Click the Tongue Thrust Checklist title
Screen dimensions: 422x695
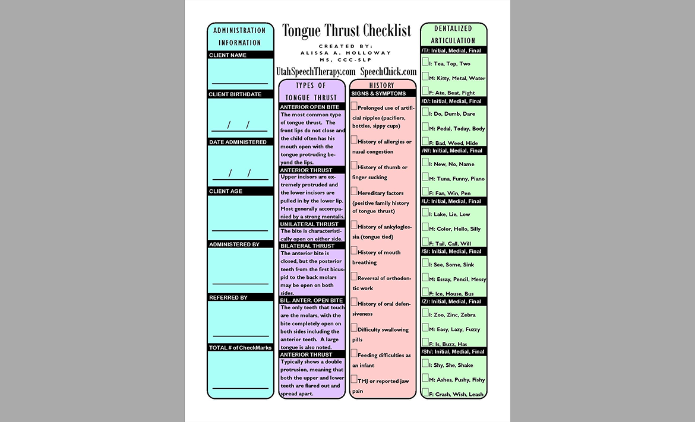tap(346, 31)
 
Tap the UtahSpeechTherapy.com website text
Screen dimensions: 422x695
tap(315, 71)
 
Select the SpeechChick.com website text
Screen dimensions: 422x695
tap(388, 71)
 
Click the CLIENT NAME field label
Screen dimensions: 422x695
tap(228, 55)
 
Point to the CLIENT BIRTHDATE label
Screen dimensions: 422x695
tap(235, 94)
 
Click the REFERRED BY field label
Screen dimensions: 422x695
tap(229, 297)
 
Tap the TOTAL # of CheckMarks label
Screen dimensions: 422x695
tap(240, 348)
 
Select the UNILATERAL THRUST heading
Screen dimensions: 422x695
tap(309, 224)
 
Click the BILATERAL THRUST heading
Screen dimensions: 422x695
tap(308, 246)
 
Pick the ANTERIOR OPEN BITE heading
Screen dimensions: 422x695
tap(310, 107)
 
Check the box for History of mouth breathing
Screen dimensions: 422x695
tap(354, 251)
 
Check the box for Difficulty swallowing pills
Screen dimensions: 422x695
tap(354, 328)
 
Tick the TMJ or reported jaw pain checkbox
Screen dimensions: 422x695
tap(354, 379)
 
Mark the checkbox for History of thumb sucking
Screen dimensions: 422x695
tap(354, 166)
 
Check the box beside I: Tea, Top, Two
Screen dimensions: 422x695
tap(425, 62)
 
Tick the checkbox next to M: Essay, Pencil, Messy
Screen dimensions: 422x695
tap(425, 278)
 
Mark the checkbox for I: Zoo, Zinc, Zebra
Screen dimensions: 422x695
tap(425, 313)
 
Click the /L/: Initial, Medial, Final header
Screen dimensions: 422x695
tap(451, 201)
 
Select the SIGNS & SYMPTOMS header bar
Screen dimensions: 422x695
tap(379, 93)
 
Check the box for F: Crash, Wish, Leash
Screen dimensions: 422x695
tap(425, 392)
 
